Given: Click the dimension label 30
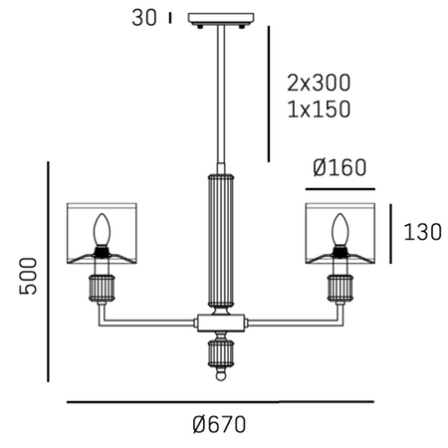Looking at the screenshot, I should point(145,17).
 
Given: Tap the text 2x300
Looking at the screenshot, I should point(318,82).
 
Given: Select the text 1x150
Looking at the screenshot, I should point(318,109).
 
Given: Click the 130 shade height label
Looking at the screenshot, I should point(422,233).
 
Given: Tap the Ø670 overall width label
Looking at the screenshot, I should point(219,423).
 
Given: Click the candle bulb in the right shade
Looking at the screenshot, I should point(339,231).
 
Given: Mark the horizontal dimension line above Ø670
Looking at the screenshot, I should point(219,401).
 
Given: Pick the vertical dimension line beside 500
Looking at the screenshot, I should point(49,272).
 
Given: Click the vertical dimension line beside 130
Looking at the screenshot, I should point(391,233).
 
